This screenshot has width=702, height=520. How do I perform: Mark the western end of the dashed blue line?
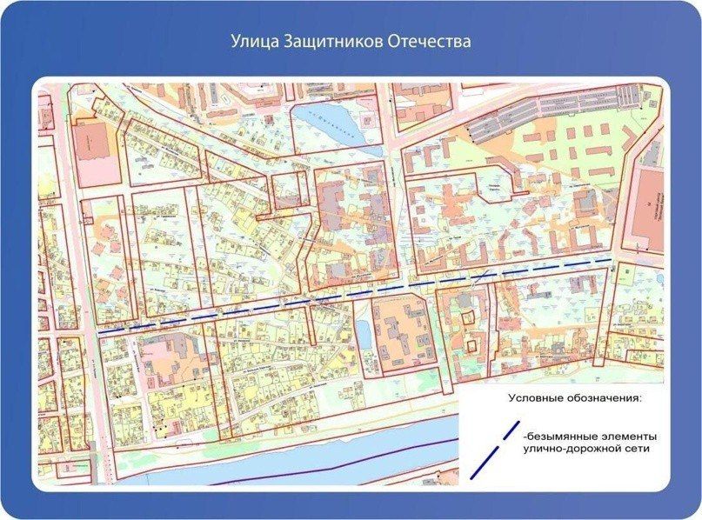(99, 332)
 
